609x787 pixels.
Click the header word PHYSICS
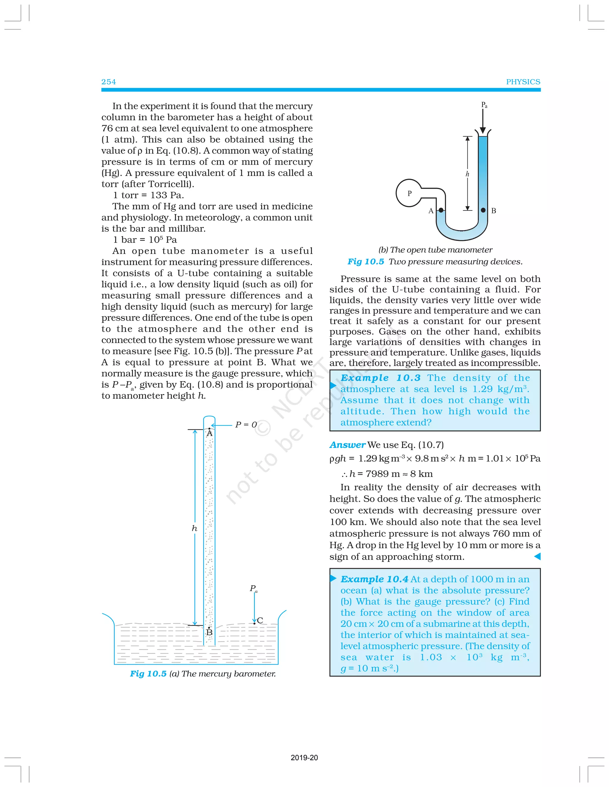(523, 82)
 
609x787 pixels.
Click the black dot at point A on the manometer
(441, 210)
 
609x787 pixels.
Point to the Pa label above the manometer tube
(484, 105)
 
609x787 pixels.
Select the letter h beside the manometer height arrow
(467, 174)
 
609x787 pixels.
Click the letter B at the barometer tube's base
(209, 632)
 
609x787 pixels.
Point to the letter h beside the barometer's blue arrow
(194, 528)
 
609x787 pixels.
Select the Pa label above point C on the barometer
(253, 588)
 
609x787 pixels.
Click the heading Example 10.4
(374, 579)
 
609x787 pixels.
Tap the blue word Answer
(347, 445)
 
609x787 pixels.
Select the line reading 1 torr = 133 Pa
(148, 195)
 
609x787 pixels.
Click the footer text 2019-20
(304, 758)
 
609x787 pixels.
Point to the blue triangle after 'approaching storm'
(537, 556)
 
